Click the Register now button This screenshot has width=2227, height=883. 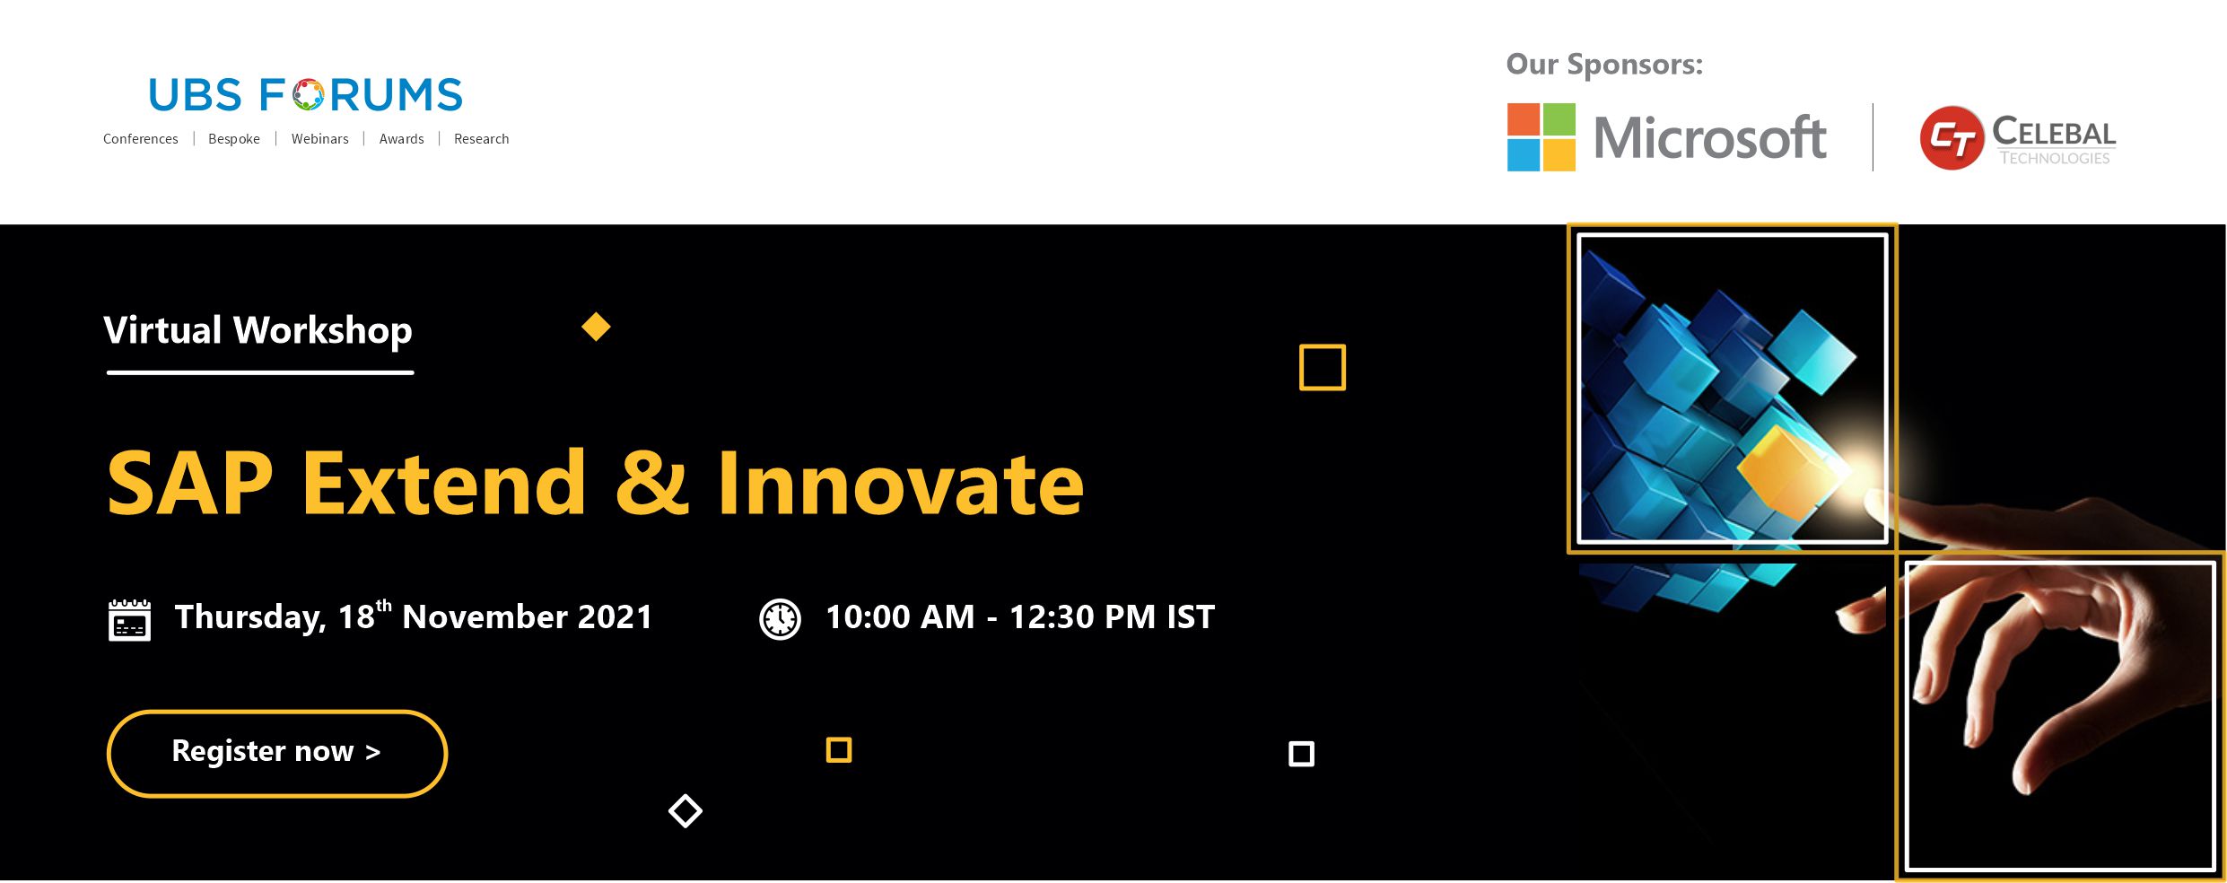point(276,753)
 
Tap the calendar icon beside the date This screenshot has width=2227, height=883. point(129,620)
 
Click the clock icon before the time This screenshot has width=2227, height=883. point(780,619)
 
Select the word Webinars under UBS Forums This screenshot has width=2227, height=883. point(319,139)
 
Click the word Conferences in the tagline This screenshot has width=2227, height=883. point(140,139)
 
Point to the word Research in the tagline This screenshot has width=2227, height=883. point(481,139)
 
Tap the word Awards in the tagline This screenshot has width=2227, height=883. point(401,139)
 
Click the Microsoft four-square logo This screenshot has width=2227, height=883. point(1541,137)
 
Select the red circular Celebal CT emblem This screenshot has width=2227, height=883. point(1952,138)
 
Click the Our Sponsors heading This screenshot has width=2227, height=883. point(1604,65)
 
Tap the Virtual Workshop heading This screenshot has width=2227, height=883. point(258,331)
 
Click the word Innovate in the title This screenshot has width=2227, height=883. point(901,484)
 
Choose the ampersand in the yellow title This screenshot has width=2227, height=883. point(652,484)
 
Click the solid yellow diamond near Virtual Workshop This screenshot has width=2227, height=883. point(596,327)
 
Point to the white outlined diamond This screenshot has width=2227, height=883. point(686,811)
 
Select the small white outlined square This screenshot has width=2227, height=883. point(1301,754)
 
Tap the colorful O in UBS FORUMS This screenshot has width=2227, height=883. point(308,95)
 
